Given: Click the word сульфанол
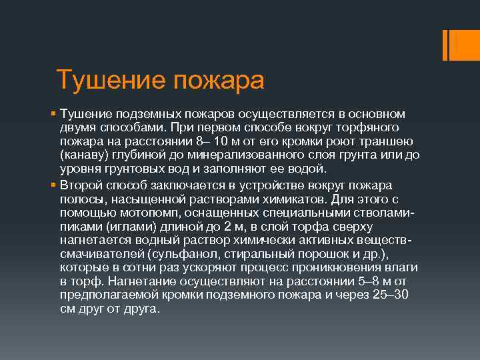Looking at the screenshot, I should click(184, 255).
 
